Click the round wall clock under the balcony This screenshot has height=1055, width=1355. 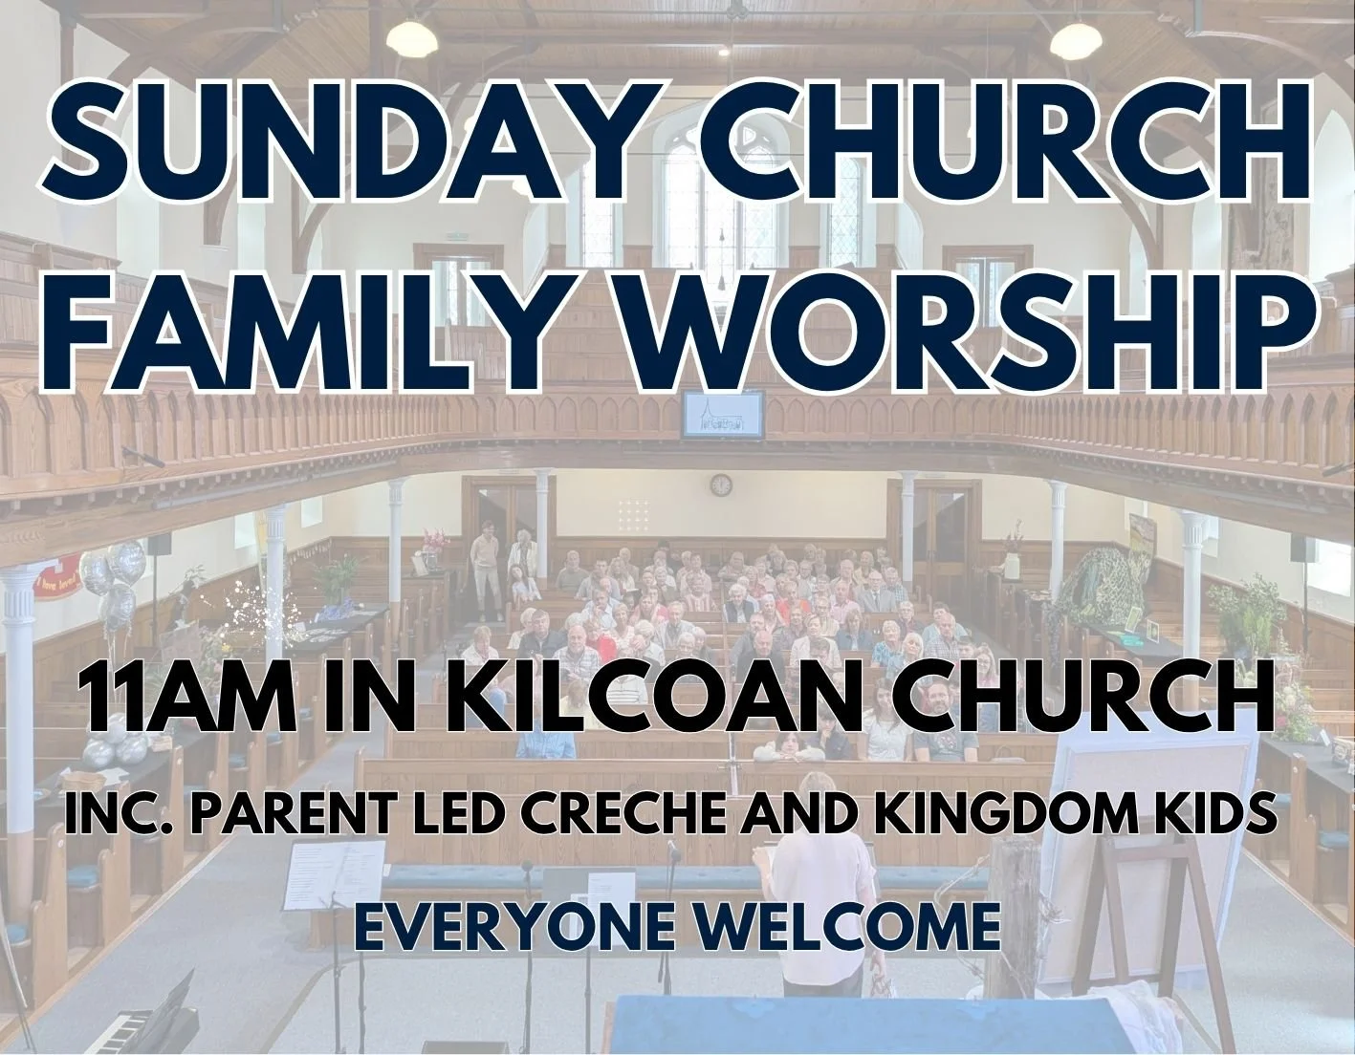coord(721,484)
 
